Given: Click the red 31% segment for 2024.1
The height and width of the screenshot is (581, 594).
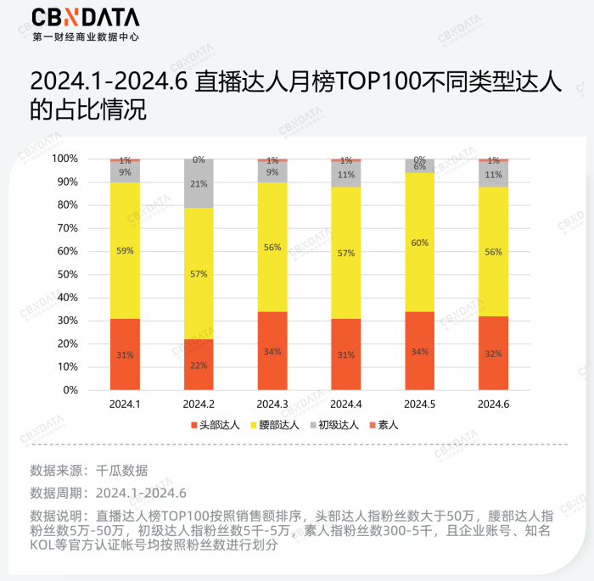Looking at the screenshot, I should tap(125, 355).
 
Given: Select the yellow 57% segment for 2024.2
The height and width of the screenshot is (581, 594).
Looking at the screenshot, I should tap(199, 273).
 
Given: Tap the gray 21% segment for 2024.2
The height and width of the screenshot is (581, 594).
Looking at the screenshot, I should tap(199, 183).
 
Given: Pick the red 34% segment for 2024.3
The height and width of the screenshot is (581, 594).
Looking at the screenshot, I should tap(272, 350).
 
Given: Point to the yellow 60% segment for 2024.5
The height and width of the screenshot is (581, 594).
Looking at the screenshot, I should tap(420, 242).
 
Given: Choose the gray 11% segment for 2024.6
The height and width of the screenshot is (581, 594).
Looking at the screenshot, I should tap(494, 174).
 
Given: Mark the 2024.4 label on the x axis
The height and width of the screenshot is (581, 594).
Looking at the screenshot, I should tap(346, 404).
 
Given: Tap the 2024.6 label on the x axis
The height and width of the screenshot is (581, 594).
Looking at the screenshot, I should tap(494, 404).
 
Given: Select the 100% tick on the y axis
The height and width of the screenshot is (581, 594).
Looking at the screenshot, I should tap(64, 159).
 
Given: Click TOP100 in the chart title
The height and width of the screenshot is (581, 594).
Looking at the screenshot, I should tap(371, 81).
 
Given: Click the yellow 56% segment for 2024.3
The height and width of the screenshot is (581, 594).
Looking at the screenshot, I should tap(272, 247).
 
